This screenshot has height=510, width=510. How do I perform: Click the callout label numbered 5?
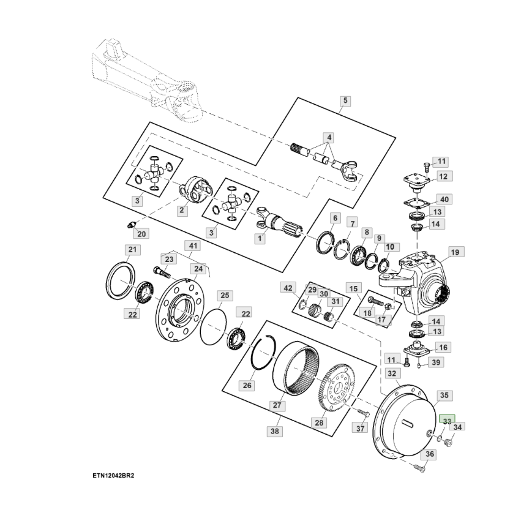click(x=345, y=100)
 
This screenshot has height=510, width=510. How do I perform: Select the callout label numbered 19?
click(x=455, y=252)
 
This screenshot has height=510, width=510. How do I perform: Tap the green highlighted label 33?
click(x=447, y=420)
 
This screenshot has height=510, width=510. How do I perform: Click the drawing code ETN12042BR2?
click(x=113, y=476)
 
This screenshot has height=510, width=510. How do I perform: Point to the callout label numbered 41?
click(x=193, y=246)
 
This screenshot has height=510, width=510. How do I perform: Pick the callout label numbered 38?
click(x=275, y=431)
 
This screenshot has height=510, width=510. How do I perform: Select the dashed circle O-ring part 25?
click(x=213, y=327)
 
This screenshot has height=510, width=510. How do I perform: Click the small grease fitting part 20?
click(x=132, y=225)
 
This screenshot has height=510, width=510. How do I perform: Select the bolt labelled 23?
click(x=160, y=272)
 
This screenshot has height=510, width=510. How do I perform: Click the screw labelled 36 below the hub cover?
click(x=419, y=468)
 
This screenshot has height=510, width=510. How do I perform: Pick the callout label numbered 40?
click(x=444, y=200)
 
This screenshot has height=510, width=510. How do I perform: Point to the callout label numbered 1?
click(x=260, y=239)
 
